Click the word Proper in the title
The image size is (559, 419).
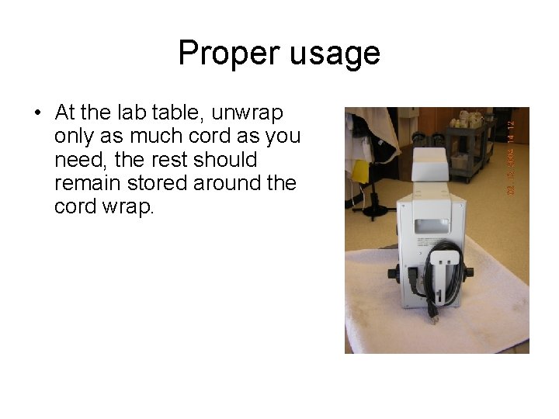coord(227,53)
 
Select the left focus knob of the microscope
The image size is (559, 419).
coord(393,275)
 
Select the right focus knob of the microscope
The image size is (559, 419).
coord(470,272)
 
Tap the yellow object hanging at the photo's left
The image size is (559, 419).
coord(360,171)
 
